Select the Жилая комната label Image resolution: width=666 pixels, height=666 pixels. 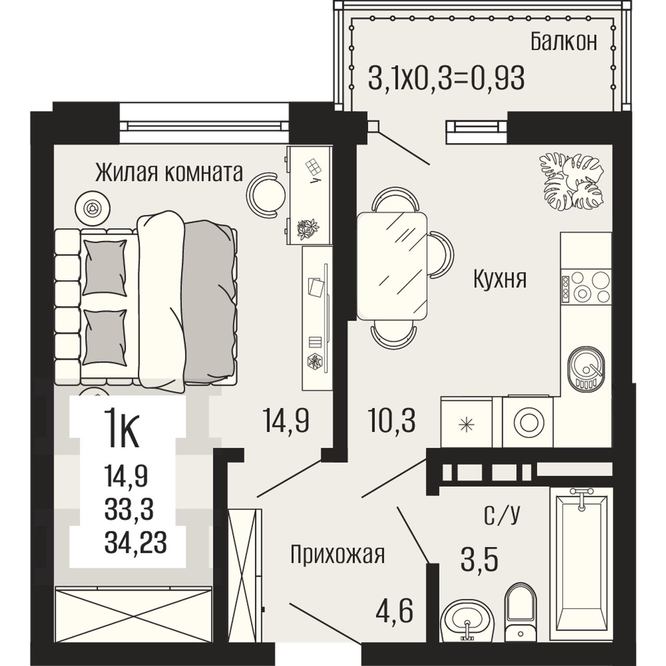[169, 173]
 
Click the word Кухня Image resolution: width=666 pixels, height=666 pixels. [499, 279]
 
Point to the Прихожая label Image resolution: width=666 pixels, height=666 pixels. [337, 555]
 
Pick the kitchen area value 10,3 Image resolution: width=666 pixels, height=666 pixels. [392, 421]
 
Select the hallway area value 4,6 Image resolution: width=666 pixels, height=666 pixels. [395, 612]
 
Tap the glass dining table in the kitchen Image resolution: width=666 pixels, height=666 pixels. [392, 266]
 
